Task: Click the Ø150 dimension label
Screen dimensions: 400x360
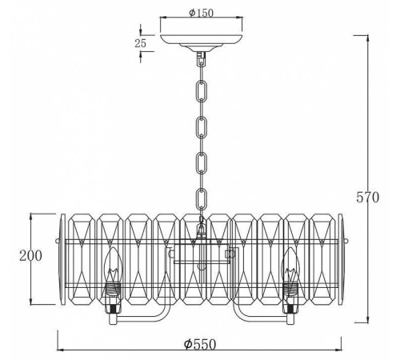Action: (x=202, y=13)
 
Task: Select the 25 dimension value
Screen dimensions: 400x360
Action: (x=141, y=43)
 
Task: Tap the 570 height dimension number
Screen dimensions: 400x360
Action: (x=367, y=198)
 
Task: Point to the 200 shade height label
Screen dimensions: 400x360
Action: (x=30, y=255)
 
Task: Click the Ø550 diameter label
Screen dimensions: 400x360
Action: (x=200, y=344)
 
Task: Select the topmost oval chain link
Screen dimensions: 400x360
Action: (x=202, y=91)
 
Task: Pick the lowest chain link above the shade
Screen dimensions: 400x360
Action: (x=202, y=198)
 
